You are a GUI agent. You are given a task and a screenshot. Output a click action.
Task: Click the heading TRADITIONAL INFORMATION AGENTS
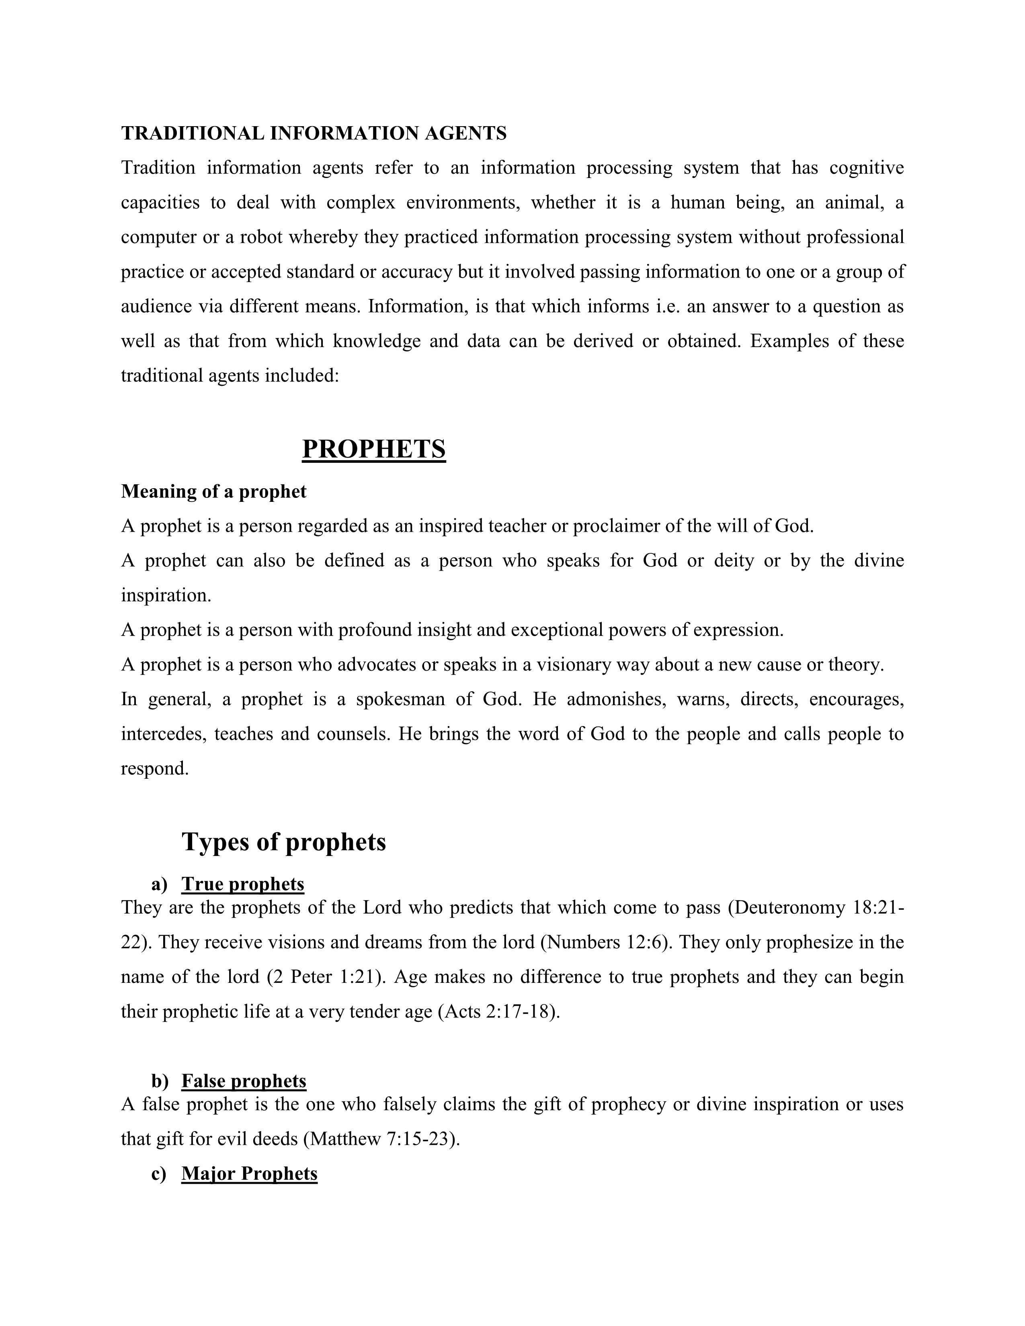click(314, 133)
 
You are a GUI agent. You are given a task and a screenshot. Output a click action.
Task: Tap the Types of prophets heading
click(283, 841)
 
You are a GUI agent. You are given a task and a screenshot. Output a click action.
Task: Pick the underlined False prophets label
click(244, 1081)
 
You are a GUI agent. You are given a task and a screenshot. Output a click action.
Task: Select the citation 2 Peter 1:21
click(325, 977)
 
